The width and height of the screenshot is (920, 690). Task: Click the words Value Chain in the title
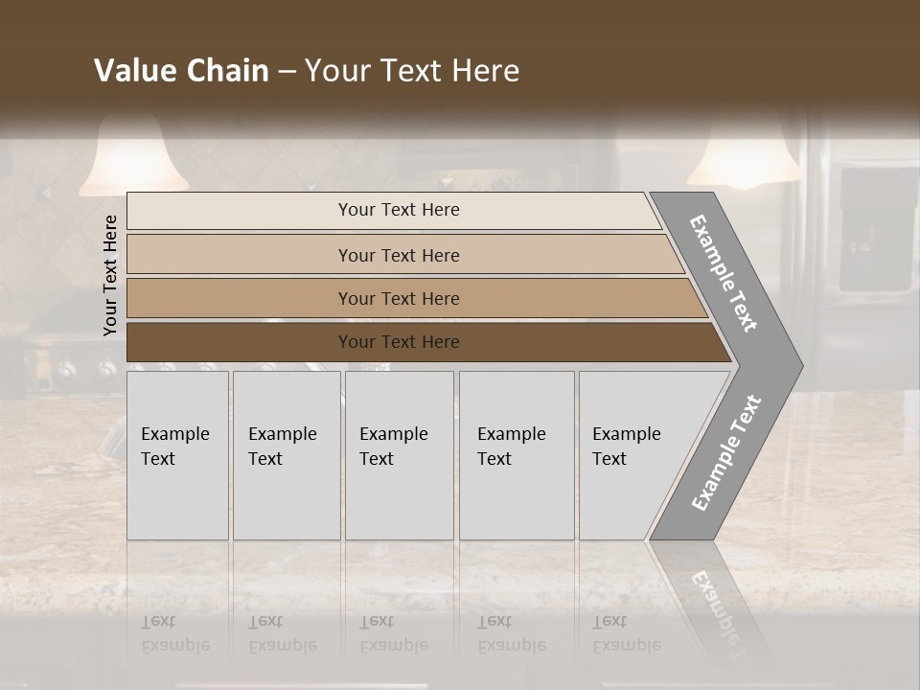click(181, 71)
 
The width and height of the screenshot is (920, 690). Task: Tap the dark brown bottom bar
click(240, 342)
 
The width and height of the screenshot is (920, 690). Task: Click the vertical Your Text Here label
click(110, 275)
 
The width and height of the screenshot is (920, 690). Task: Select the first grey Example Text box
click(177, 455)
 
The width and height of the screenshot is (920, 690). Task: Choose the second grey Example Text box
click(287, 455)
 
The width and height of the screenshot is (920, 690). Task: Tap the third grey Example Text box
click(399, 455)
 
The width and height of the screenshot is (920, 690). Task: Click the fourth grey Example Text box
click(517, 455)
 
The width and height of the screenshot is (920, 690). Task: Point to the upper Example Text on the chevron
click(724, 273)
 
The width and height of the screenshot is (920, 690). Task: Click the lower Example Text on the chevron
click(726, 453)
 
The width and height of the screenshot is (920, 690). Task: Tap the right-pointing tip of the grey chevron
click(797, 365)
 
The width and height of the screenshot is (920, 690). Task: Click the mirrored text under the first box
click(174, 633)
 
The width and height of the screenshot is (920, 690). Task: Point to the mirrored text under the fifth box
click(626, 633)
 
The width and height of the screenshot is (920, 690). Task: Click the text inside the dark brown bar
click(399, 342)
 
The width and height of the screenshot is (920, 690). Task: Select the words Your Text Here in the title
click(412, 71)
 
